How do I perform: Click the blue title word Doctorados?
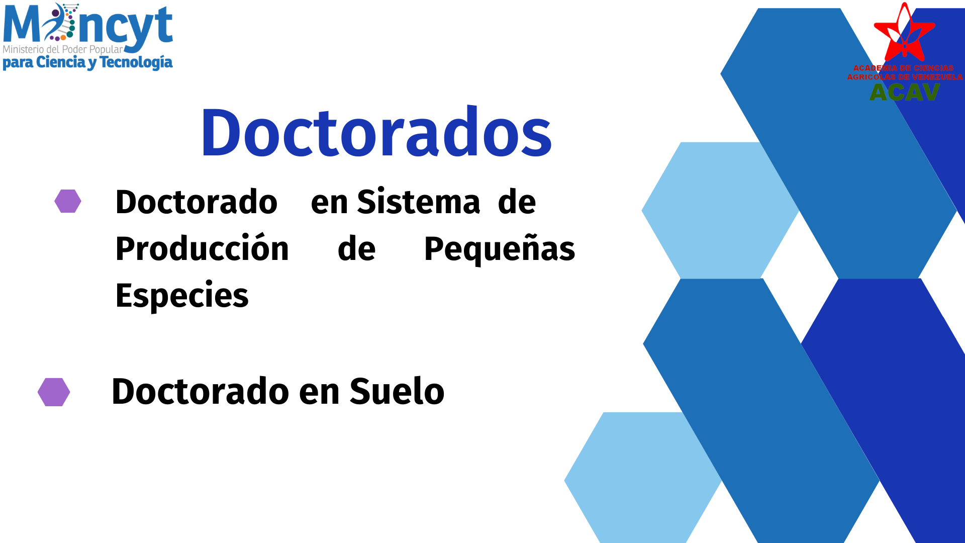[x=376, y=132]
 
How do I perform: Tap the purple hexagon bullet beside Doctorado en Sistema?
[x=68, y=201]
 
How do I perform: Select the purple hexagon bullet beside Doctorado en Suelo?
[x=54, y=392]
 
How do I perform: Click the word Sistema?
[x=418, y=202]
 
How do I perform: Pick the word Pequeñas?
[x=500, y=249]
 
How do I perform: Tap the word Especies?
[x=182, y=296]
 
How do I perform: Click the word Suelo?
[x=397, y=391]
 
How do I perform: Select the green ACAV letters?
[x=905, y=92]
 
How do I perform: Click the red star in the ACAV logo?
[x=905, y=33]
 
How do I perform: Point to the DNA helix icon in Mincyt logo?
[x=61, y=22]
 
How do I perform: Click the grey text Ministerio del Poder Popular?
[x=63, y=49]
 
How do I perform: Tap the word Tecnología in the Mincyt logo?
[x=136, y=62]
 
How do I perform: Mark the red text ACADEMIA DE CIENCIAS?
[x=904, y=68]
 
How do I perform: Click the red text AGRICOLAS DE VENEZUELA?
[x=905, y=77]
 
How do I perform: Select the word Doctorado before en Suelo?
[x=201, y=391]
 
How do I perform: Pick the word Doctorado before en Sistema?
[x=197, y=202]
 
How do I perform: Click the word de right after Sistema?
[x=517, y=202]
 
